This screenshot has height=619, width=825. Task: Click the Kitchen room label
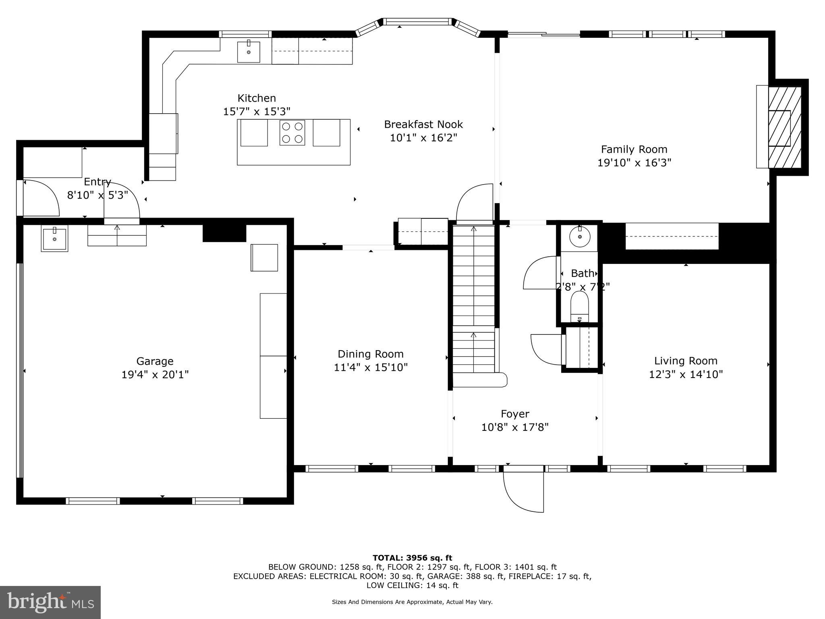point(257,98)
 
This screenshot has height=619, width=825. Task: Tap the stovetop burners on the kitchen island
point(292,133)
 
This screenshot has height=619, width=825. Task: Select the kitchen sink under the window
point(249,52)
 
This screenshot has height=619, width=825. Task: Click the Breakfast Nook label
point(423,124)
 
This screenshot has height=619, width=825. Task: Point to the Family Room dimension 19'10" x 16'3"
point(634,163)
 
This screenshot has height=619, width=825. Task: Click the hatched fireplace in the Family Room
point(784,127)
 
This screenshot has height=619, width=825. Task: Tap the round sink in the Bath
point(579,238)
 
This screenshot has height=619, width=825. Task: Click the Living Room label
point(686,361)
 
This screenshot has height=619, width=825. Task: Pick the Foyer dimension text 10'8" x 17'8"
point(515,427)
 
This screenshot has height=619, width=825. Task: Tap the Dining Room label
point(371,354)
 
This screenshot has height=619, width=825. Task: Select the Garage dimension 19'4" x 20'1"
point(155,375)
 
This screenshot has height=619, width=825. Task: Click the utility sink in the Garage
point(54,238)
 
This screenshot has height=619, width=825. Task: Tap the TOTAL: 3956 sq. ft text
point(412,558)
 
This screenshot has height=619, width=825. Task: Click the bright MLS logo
point(50,602)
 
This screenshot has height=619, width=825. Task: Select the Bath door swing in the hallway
point(540,272)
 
